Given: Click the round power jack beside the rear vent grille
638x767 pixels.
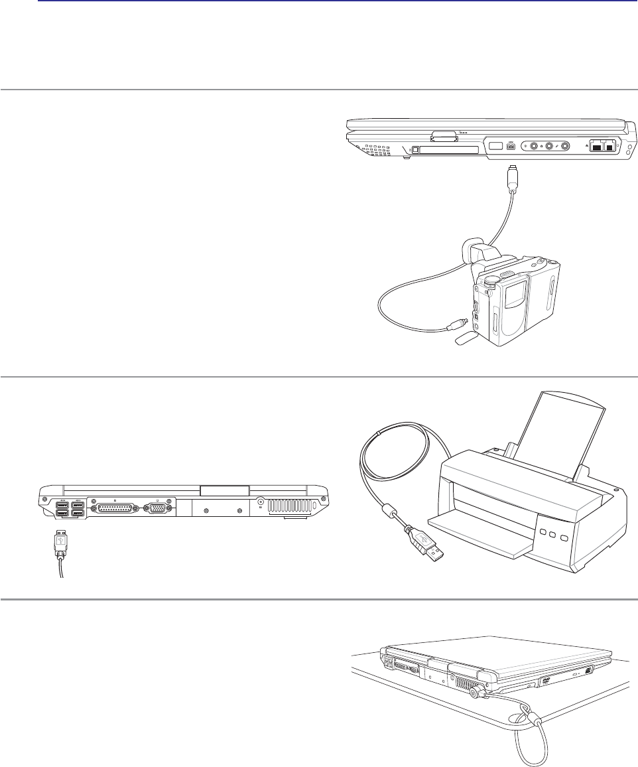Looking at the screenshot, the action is (261, 504).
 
